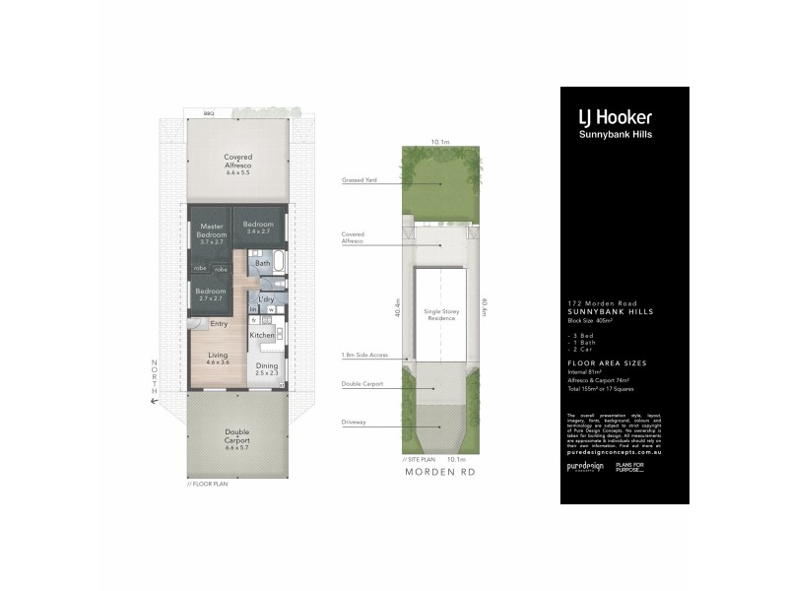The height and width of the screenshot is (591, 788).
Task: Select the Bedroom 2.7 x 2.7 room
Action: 210,293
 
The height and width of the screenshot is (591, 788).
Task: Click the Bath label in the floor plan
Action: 262,264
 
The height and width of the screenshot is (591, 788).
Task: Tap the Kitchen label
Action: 261,336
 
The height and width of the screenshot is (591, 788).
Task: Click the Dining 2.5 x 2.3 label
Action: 267,369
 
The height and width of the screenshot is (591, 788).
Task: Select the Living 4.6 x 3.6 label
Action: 218,359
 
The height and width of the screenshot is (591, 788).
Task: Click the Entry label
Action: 219,323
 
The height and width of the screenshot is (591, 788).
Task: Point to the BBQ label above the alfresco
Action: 209,114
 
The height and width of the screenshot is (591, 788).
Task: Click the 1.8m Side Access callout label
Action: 361,355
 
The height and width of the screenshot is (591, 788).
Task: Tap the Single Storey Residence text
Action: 442,314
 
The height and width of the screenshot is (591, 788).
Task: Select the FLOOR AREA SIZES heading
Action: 603,363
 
